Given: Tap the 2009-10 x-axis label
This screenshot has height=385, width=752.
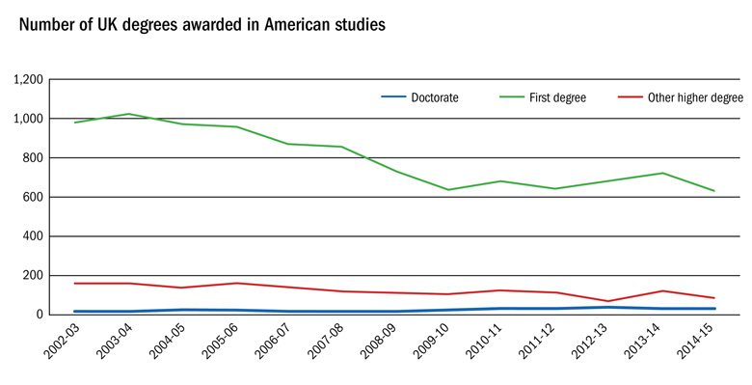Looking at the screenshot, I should pos(429,344).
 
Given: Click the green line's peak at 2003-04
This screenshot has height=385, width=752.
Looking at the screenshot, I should pos(128,114).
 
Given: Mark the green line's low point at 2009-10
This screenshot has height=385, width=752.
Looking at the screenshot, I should pos(447,189).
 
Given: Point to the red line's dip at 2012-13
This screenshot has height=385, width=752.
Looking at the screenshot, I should pos(607,301).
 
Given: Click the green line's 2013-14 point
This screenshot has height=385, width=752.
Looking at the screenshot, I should pos(660,173).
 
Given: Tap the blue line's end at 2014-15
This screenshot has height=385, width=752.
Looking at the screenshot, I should pos(713,309).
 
